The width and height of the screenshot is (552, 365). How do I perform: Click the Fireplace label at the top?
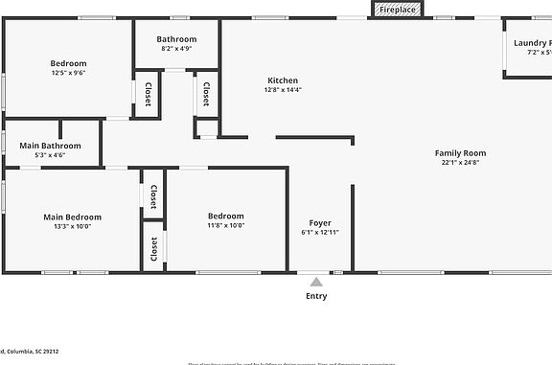(397, 10)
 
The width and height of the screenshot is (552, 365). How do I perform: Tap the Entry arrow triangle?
(316, 281)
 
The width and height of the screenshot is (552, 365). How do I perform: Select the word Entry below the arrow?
(316, 296)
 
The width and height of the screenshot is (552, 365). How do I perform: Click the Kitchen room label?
(283, 80)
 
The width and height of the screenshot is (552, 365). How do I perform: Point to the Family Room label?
(461, 153)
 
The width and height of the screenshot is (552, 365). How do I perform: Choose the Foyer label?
(320, 222)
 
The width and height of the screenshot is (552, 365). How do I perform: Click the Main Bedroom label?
(72, 217)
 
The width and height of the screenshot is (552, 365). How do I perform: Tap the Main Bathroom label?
(50, 146)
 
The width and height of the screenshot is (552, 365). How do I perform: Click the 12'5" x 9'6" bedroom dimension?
(69, 73)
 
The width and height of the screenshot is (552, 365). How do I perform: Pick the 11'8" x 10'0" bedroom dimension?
(226, 226)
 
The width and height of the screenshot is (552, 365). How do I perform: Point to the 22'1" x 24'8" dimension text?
(461, 163)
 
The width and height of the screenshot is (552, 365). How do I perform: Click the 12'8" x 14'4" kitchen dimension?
(283, 90)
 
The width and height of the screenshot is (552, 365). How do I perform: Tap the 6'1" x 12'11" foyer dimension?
(320, 232)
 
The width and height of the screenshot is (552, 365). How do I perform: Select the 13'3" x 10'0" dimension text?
(72, 227)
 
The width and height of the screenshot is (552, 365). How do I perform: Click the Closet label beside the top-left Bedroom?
(149, 94)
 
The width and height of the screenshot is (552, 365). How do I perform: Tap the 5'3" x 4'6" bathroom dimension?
(50, 155)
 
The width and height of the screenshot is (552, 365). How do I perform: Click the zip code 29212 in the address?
(47, 352)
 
